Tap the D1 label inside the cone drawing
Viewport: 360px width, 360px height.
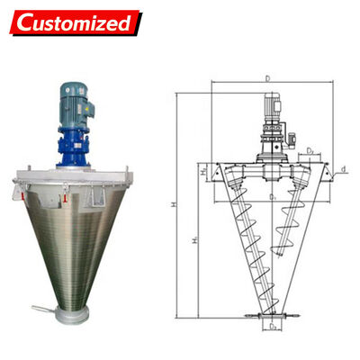(271, 195)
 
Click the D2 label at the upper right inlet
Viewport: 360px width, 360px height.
(309, 152)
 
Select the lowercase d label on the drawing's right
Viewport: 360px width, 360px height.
(345, 167)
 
